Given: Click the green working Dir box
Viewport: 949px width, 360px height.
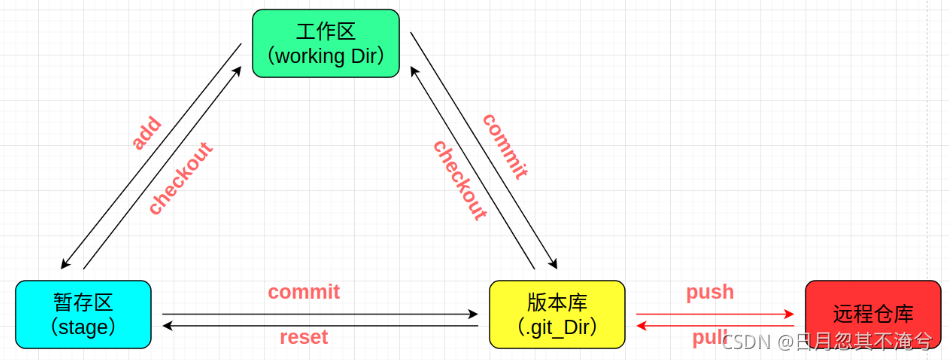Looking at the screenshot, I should coord(325,42).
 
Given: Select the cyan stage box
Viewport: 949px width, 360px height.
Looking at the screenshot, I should coord(83,314).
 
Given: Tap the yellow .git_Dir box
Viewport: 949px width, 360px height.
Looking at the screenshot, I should coord(557,314).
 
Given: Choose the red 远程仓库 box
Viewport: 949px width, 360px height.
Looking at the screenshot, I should coord(873,314).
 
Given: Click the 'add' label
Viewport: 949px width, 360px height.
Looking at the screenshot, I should coord(146,133).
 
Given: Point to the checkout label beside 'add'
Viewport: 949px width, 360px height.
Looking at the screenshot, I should coord(180,179).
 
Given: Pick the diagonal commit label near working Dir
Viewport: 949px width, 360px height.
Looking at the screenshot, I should coord(505,146).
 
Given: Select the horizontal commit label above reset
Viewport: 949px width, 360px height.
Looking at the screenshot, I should coord(310,292).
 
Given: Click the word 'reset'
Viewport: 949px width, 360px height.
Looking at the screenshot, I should coord(303,337).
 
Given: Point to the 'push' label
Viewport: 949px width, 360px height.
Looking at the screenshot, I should coord(710,292).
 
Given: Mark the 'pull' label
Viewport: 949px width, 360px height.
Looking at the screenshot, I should coord(708,336).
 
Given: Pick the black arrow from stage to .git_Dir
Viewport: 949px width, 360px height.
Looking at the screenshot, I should coord(320,313).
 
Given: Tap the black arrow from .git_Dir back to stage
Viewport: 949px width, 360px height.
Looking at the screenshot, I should coord(320,325).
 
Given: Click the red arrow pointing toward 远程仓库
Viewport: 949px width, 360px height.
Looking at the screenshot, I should coord(715,313).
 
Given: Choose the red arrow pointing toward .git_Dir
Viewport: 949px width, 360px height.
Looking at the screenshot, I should coord(715,325).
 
